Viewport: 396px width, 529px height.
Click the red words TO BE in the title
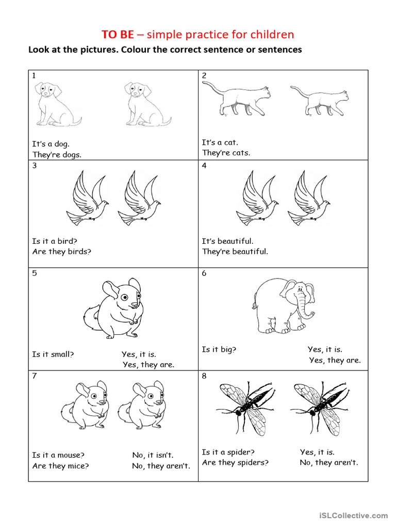click(118, 35)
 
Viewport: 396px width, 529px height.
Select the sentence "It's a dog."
click(51, 144)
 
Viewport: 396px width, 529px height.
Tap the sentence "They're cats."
click(226, 153)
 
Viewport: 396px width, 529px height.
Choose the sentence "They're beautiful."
click(235, 252)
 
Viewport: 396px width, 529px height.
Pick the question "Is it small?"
click(53, 354)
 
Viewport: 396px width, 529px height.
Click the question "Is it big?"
click(219, 350)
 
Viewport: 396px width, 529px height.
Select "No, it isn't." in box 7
click(153, 455)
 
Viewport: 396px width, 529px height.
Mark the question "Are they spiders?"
click(235, 462)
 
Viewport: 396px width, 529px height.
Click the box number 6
click(204, 273)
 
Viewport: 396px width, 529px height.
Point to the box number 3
click(35, 166)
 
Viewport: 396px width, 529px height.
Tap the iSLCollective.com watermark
click(353, 515)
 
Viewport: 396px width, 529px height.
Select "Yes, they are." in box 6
click(335, 361)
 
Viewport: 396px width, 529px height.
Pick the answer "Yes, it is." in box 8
click(317, 452)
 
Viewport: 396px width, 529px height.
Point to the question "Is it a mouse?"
click(58, 455)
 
